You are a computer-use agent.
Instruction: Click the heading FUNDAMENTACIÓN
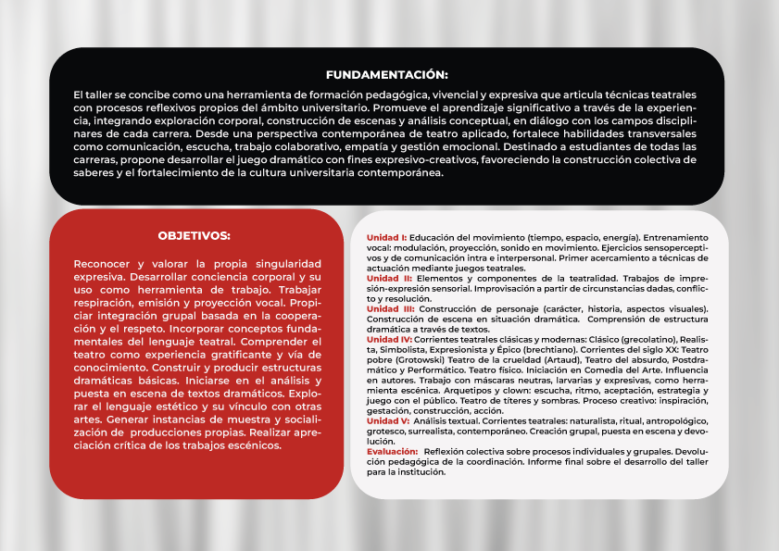(x=387, y=74)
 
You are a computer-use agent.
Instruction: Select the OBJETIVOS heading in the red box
(x=194, y=236)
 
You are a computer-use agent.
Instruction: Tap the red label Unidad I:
(x=386, y=237)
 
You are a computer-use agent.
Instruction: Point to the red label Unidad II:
(x=389, y=278)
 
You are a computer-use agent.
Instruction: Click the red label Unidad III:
(x=390, y=308)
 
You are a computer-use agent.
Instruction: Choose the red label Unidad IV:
(x=390, y=339)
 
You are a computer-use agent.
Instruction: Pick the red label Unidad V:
(x=388, y=420)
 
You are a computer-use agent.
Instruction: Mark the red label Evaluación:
(x=392, y=451)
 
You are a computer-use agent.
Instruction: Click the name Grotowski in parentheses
(x=421, y=359)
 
